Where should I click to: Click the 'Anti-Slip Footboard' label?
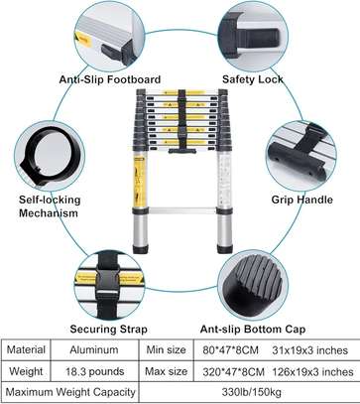(x=110, y=79)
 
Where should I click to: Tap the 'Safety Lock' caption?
(x=253, y=79)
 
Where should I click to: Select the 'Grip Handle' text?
(x=302, y=200)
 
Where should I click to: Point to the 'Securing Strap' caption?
(x=108, y=330)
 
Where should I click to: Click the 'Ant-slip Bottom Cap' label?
(x=253, y=330)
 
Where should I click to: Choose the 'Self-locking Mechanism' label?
(x=50, y=206)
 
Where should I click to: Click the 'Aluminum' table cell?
(x=94, y=350)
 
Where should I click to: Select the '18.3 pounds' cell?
(x=94, y=371)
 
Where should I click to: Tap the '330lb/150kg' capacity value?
(x=252, y=392)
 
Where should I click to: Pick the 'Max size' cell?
(x=166, y=371)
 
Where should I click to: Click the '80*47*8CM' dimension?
(x=231, y=350)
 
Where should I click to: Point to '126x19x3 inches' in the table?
(x=312, y=372)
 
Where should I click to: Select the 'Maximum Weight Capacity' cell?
(x=70, y=392)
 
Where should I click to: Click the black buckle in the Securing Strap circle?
(x=108, y=281)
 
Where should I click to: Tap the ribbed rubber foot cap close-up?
(x=253, y=281)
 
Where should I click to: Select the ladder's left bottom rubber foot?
(x=141, y=249)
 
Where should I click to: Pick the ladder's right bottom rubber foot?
(x=225, y=249)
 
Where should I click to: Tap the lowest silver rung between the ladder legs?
(x=182, y=210)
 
